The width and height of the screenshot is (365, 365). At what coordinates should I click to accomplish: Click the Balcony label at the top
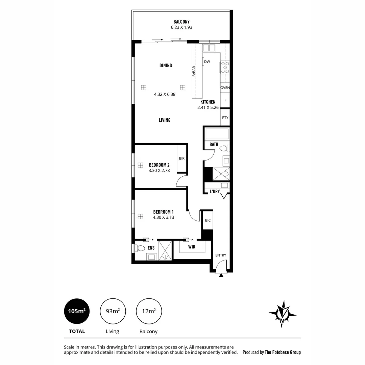181,22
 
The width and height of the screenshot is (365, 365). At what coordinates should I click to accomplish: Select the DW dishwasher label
207,62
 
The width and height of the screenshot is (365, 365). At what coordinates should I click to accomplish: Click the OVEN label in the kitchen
225,88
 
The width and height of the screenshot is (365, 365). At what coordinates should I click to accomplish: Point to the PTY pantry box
225,118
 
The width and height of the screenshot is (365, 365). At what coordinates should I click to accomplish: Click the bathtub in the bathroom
217,134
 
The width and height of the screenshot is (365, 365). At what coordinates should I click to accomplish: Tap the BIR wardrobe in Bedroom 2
182,158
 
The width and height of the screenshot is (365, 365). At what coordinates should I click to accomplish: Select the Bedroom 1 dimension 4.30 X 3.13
163,218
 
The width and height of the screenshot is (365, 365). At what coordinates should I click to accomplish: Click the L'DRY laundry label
215,192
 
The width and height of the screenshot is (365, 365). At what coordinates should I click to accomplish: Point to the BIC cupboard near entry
208,220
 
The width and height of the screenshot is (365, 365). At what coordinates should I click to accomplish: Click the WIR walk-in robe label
192,247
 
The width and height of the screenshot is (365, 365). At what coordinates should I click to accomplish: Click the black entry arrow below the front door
221,275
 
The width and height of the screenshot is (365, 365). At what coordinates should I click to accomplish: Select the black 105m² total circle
77,311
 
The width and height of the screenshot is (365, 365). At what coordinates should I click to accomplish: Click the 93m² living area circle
113,311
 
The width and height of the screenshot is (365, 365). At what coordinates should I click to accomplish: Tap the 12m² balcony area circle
149,311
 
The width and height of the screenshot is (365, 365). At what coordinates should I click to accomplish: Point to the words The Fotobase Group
283,352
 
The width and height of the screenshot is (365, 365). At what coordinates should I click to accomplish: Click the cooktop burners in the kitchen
225,67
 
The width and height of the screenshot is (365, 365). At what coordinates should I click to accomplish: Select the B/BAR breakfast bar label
194,71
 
